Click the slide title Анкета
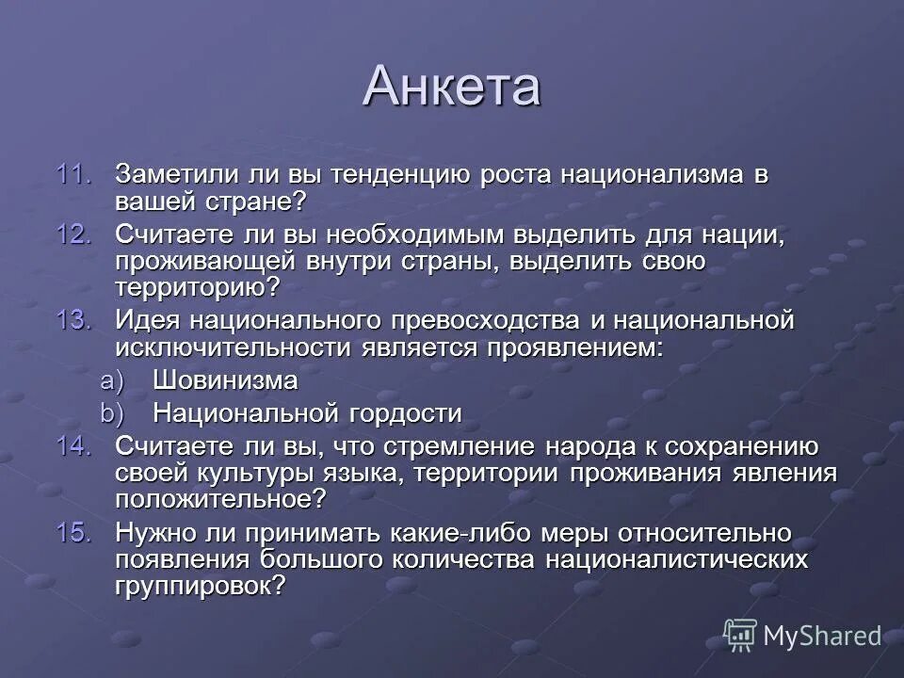451,87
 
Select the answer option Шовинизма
225,381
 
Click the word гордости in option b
404,412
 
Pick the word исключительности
234,347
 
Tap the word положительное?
221,499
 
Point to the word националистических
685,559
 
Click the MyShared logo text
821,636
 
